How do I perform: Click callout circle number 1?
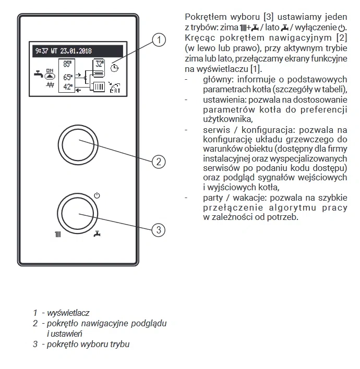pos(160,40)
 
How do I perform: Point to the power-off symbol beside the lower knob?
pos(97,196)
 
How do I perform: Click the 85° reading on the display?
pos(67,65)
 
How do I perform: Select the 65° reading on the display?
pos(67,77)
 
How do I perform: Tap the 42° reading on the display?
pos(67,86)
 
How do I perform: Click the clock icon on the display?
pos(115,68)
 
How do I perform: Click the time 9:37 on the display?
pos(41,52)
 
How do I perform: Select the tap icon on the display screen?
pos(37,73)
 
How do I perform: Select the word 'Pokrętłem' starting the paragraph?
pos(205,16)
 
